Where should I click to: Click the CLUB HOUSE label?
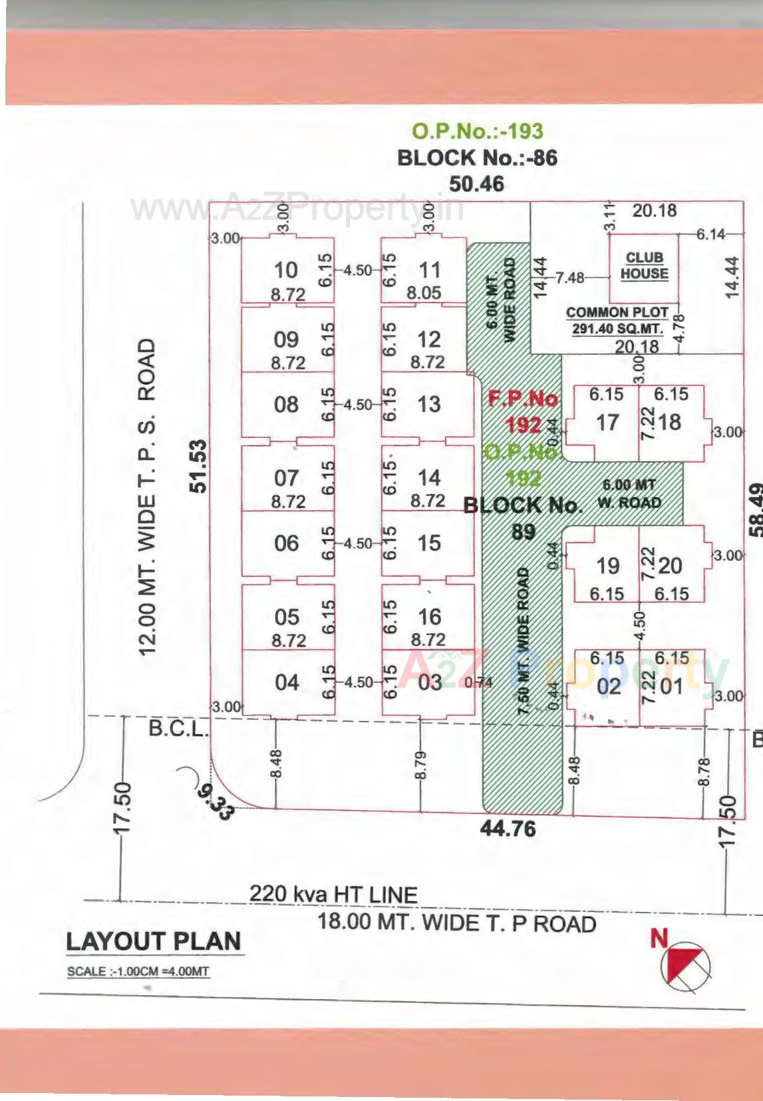(x=644, y=266)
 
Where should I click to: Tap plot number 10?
(x=285, y=270)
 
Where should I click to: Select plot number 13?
(x=428, y=404)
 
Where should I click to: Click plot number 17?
(x=607, y=422)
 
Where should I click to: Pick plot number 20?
(x=669, y=566)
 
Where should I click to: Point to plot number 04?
(x=286, y=682)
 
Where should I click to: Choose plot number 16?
(x=428, y=616)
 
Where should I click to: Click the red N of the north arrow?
(x=659, y=938)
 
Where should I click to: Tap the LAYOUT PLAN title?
(x=154, y=941)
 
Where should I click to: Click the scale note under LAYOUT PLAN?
(x=138, y=971)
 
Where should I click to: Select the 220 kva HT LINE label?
(x=333, y=894)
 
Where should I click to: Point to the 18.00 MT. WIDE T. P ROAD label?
(x=456, y=923)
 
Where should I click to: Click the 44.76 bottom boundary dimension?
(x=508, y=829)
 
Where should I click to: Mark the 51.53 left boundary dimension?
(x=198, y=466)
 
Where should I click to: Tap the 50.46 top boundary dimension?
(x=476, y=183)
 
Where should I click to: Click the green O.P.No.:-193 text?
(x=477, y=130)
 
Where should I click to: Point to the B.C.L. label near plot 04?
(x=177, y=729)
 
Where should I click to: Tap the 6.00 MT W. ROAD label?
(x=629, y=493)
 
